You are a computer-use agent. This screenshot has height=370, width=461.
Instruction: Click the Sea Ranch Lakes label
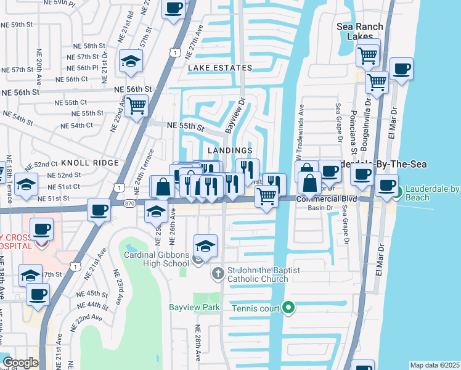click(x=360, y=31)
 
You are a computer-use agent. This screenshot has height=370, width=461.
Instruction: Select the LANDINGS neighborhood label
click(x=230, y=150)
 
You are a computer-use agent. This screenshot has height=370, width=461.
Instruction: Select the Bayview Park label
click(x=195, y=307)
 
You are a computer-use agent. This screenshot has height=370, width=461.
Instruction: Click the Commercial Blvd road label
click(x=327, y=199)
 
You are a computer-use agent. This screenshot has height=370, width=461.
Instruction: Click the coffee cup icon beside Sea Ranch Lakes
click(x=401, y=70)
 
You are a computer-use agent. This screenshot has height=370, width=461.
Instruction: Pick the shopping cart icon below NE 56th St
click(x=137, y=105)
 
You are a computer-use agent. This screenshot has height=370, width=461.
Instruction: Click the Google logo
click(x=20, y=363)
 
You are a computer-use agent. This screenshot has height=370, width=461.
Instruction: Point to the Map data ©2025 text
click(x=434, y=365)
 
